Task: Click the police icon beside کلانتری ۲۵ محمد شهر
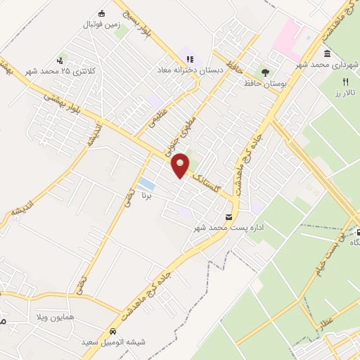61,60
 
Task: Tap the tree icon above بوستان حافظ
264,72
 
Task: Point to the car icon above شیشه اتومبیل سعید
112,331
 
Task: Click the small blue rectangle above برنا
146,185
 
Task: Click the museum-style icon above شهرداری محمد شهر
328,54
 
